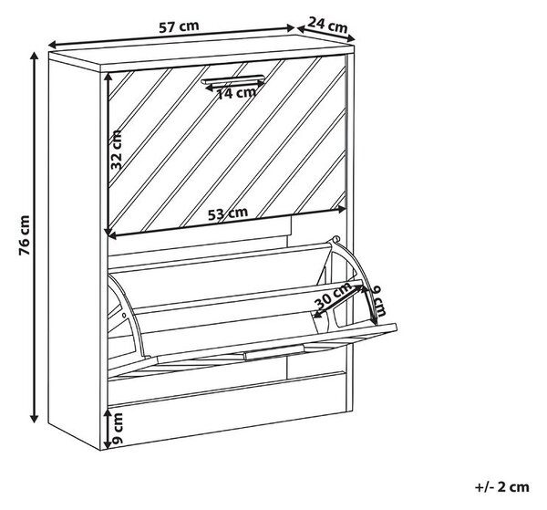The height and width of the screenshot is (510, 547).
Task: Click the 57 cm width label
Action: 179,26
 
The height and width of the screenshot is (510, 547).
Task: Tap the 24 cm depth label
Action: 327,25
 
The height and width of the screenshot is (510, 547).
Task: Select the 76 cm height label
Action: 25,234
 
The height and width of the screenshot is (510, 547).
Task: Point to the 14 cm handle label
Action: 236,93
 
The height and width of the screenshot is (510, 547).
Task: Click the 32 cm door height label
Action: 117,150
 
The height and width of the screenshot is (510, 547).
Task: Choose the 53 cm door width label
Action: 228,213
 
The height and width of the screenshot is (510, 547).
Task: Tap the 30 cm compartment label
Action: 333,296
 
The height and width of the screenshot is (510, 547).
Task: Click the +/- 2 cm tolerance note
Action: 502,487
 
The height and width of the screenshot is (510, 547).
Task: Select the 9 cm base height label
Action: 119,428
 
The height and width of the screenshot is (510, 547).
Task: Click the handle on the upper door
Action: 232,79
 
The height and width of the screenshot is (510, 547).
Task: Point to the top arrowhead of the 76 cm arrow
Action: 35,57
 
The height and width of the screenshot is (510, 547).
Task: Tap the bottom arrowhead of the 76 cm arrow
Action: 35,418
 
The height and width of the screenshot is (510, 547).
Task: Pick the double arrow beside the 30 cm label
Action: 338,301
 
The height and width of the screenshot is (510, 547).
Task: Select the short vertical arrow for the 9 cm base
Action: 108,429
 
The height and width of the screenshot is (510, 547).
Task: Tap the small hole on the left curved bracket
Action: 124,316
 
